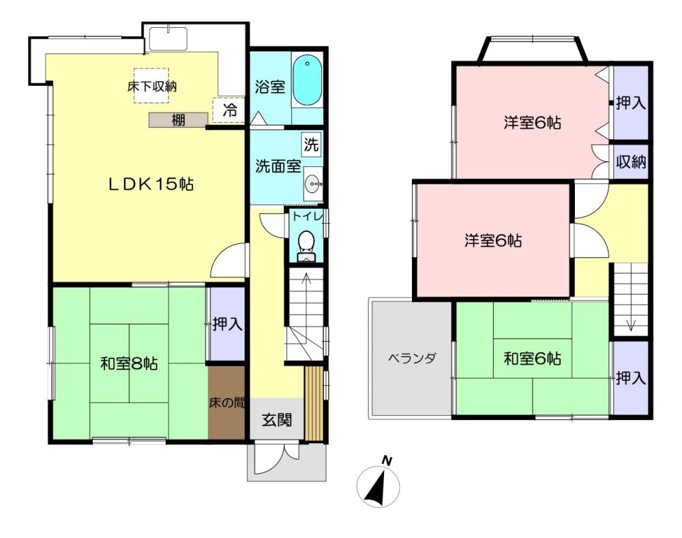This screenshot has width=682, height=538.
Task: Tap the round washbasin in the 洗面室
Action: point(312,184)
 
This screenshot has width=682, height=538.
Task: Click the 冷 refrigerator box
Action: point(228,110)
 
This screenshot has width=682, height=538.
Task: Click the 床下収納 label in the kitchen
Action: point(152,87)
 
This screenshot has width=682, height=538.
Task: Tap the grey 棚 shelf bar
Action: point(178,120)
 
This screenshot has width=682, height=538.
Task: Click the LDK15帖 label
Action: point(151,184)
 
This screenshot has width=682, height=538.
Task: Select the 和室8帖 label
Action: point(129,363)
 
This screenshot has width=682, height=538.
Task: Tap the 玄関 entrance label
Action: point(277,420)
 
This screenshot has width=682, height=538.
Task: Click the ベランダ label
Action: point(411,359)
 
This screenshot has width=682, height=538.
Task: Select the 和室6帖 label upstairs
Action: point(532,359)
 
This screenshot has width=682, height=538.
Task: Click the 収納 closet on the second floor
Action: point(631,162)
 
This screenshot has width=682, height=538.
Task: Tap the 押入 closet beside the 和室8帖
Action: point(227,324)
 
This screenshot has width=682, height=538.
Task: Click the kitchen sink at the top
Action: point(168,39)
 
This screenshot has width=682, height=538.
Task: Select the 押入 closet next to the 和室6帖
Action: point(631,378)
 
